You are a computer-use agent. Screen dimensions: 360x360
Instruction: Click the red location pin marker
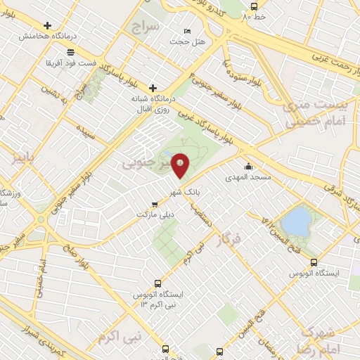click(x=181, y=165)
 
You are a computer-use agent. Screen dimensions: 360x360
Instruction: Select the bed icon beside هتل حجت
click(x=186, y=31)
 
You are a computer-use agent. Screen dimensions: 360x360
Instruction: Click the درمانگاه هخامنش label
click(x=47, y=35)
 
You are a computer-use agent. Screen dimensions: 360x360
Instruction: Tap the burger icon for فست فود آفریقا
click(x=70, y=52)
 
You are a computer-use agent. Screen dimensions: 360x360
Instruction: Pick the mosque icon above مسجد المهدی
click(x=248, y=167)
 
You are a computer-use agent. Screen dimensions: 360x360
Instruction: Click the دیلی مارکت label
click(x=154, y=213)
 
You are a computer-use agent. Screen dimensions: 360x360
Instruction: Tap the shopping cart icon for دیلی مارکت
click(x=155, y=203)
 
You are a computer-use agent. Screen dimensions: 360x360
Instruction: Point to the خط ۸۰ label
click(x=255, y=15)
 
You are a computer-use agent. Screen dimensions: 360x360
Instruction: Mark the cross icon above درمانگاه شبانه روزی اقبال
click(x=153, y=87)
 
